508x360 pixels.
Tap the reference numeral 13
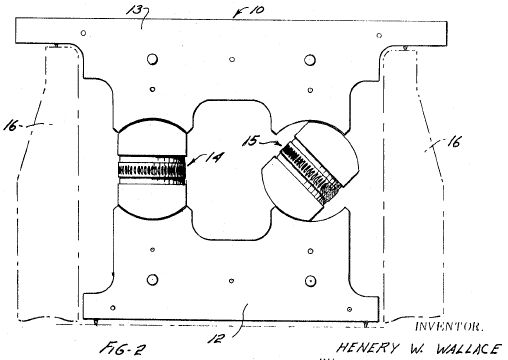(133, 11)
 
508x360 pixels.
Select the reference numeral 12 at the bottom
(216, 339)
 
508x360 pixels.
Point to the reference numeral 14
(214, 157)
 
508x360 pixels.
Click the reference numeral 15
(250, 141)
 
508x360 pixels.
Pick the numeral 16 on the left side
(10, 126)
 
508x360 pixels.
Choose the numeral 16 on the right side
(454, 143)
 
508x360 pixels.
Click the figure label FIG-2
(123, 349)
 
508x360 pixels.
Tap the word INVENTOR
(448, 326)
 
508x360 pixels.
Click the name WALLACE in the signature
(468, 349)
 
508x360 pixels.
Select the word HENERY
(367, 348)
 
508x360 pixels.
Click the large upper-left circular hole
(152, 59)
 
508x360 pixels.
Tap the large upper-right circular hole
(310, 60)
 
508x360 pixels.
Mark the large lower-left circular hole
(152, 280)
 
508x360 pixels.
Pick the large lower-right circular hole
(310, 281)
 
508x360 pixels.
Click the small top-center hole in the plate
(232, 60)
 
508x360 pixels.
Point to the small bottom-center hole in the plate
(231, 281)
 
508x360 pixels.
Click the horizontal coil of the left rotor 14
(152, 170)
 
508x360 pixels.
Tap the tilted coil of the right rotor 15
(310, 171)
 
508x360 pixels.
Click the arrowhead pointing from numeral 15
(280, 144)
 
